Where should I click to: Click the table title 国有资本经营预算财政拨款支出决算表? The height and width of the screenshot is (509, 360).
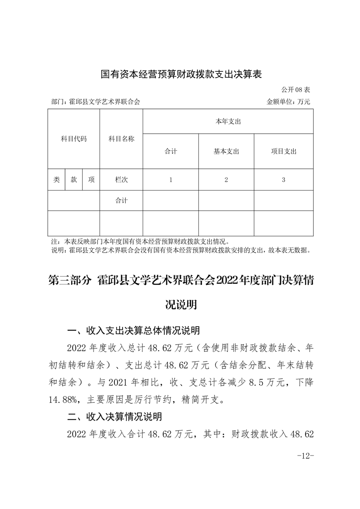coord(181,74)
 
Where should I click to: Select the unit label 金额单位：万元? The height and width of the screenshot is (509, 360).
coord(288,102)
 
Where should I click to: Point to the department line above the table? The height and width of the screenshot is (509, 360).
coord(96,102)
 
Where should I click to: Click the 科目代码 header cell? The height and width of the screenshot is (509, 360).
coord(74,139)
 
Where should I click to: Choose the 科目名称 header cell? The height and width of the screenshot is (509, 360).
coord(121,139)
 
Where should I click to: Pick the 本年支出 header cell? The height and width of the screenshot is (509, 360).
coord(228,122)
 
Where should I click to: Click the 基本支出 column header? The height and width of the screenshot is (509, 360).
coord(226,152)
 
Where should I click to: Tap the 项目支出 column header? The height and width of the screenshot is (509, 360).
coord(283,152)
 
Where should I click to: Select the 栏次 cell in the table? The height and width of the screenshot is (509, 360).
coord(121,180)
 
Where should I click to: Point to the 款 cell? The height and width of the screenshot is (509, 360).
coord(74,180)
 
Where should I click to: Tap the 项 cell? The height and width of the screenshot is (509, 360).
coord(91,180)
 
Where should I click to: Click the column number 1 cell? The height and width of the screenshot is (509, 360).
coord(171,180)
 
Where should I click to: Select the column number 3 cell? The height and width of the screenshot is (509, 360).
coord(283,180)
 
